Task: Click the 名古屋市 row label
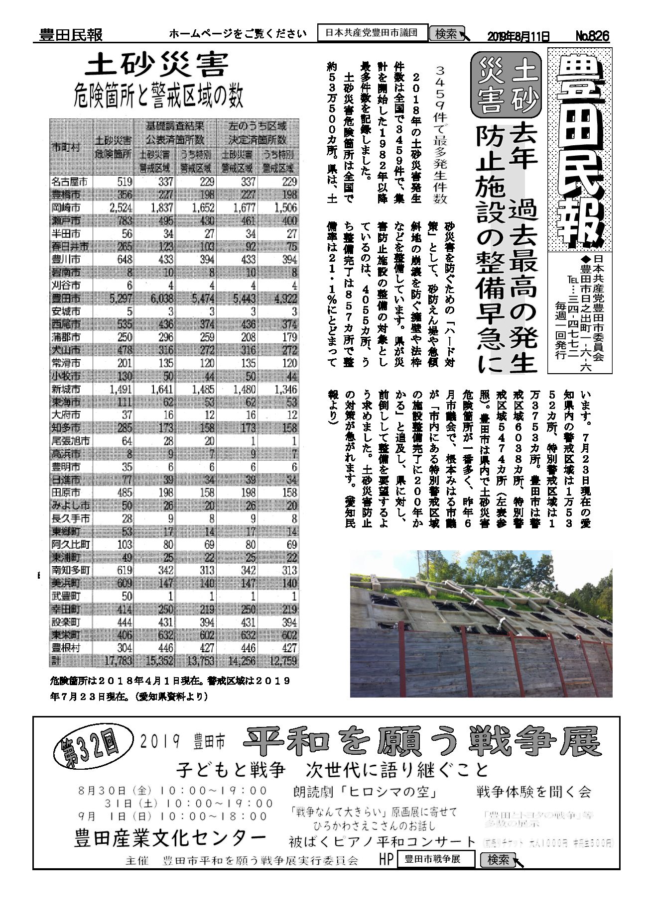(x=69, y=182)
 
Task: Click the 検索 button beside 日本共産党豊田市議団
(x=446, y=34)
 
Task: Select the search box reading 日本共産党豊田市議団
(x=373, y=33)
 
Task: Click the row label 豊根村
(x=66, y=648)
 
